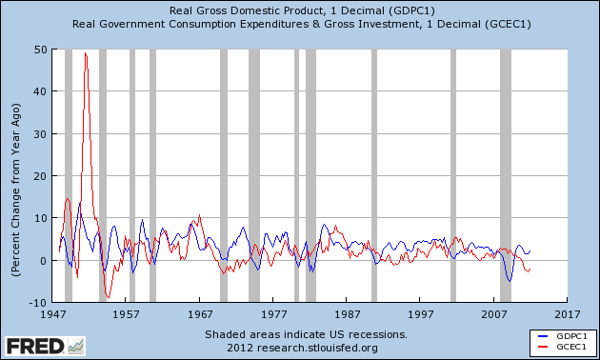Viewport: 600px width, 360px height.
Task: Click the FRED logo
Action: (45, 347)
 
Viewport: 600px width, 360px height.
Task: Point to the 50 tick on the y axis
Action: (40, 50)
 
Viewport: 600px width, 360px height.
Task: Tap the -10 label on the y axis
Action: (37, 303)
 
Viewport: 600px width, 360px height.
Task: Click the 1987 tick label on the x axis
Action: (348, 314)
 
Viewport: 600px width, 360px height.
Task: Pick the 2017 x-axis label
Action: (568, 314)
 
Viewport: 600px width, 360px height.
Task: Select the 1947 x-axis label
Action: (52, 314)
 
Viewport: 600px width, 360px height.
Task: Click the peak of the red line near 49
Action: (86, 52)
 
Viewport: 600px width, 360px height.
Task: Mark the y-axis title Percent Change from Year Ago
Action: (15, 190)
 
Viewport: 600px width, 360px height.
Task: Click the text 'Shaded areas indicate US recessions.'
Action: (306, 334)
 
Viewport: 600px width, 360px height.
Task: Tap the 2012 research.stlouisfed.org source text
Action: (302, 348)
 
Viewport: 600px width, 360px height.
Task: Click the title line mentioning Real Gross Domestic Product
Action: (302, 10)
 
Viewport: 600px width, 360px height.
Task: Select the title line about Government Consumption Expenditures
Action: (302, 24)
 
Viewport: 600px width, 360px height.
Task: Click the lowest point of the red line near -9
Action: (108, 297)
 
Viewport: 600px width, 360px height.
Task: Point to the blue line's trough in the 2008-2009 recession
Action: (510, 281)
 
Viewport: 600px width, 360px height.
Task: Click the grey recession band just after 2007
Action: (506, 175)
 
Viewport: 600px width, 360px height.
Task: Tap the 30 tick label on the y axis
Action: (40, 134)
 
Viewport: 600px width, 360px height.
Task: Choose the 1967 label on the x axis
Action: (200, 314)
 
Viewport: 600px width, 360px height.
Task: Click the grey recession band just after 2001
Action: (453, 175)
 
